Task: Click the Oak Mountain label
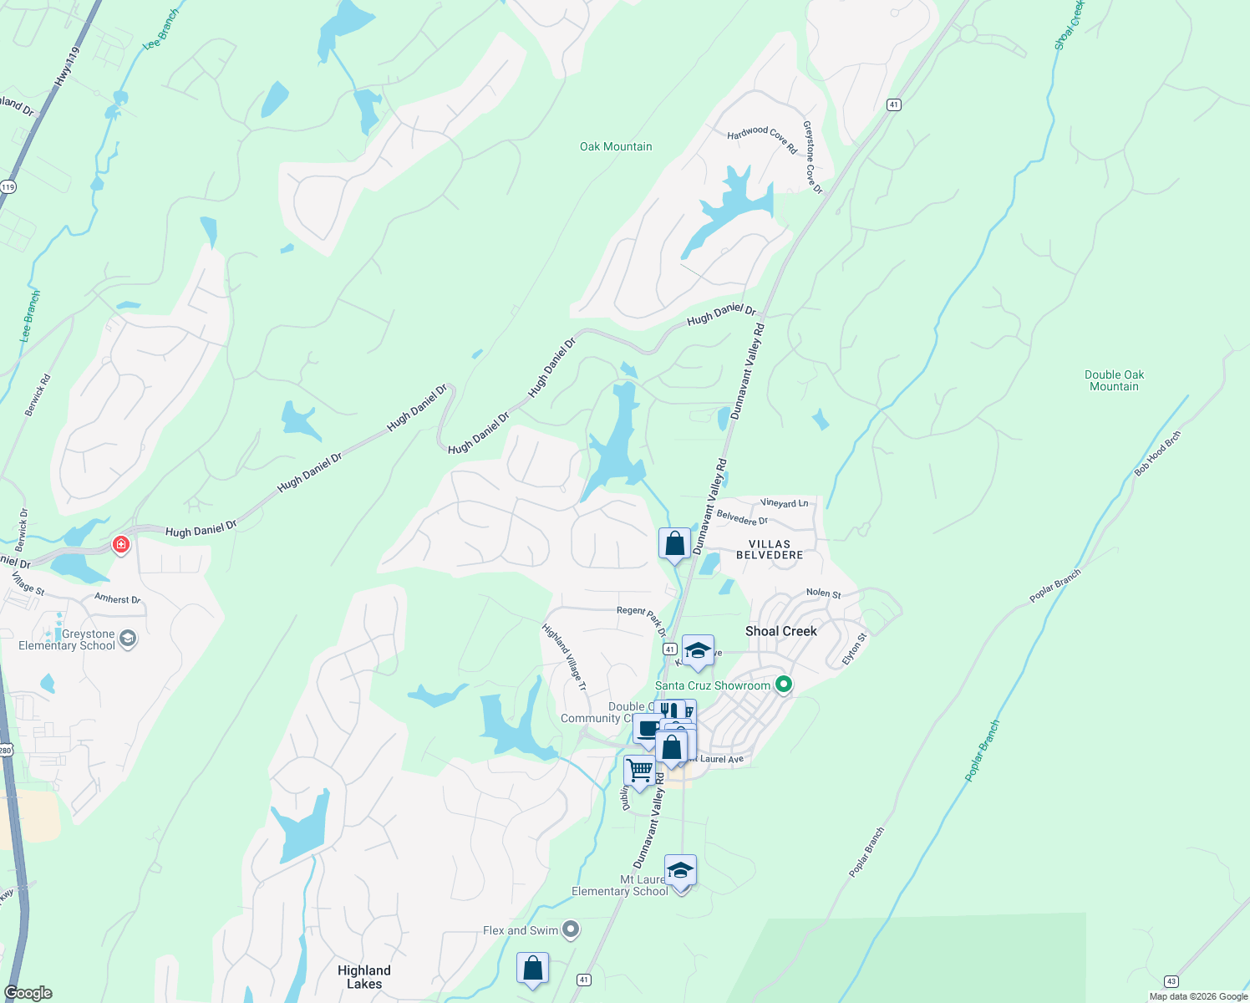[x=616, y=147]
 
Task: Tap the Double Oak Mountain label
[x=1114, y=380]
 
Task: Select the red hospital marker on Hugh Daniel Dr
[x=121, y=545]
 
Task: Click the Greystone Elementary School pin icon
[x=128, y=639]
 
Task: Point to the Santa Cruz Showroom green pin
[x=783, y=685]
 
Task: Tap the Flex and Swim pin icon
[x=571, y=929]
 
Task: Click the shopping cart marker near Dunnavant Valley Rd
[x=639, y=769]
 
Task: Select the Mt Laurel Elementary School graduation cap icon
[x=680, y=870]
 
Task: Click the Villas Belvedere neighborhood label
[x=770, y=549]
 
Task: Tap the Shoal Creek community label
[x=780, y=631]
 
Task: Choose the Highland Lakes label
[x=363, y=976]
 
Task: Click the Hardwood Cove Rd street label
[x=762, y=139]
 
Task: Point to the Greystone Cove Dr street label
[x=812, y=157]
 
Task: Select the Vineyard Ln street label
[x=784, y=503]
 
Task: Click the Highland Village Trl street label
[x=564, y=657]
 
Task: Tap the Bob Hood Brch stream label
[x=1157, y=454]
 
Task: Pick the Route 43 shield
[x=1171, y=980]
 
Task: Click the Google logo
[x=28, y=993]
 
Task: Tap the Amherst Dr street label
[x=118, y=599]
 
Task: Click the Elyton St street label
[x=854, y=649]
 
